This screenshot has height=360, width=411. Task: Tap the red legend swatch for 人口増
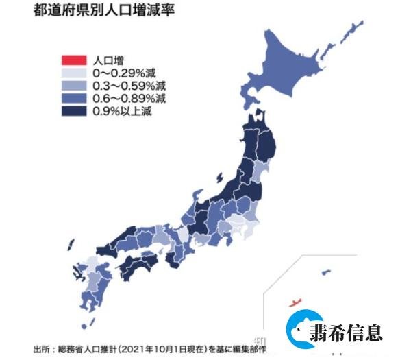click(x=73, y=60)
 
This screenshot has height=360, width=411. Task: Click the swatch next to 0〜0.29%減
click(x=73, y=73)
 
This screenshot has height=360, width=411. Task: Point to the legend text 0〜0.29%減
click(x=120, y=73)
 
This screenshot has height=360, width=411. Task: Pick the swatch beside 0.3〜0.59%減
click(x=73, y=86)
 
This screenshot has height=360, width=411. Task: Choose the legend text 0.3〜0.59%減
click(x=123, y=86)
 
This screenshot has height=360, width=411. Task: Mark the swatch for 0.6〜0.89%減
click(x=73, y=98)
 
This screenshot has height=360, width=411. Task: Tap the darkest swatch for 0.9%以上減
click(x=73, y=111)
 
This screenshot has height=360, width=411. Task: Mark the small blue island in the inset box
click(x=325, y=272)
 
